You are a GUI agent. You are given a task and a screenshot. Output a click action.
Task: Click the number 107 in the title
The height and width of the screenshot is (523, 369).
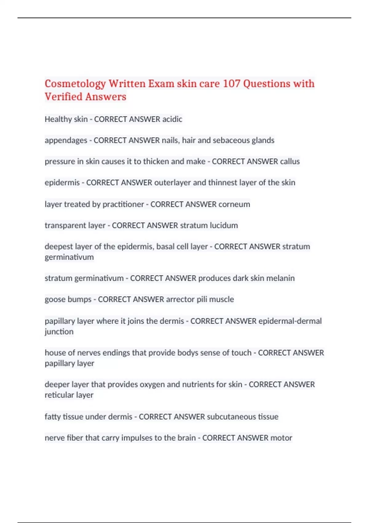[231, 84]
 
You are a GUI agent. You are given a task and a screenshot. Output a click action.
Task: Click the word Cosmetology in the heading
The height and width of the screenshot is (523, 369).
[75, 84]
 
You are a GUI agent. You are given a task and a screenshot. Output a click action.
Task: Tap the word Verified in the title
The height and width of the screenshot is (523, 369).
[63, 97]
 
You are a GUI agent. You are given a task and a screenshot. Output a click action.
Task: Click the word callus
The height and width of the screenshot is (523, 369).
[290, 161]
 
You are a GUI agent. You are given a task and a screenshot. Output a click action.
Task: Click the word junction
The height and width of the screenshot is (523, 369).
[59, 332]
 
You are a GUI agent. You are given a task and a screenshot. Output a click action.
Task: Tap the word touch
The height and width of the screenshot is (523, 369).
[241, 353]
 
